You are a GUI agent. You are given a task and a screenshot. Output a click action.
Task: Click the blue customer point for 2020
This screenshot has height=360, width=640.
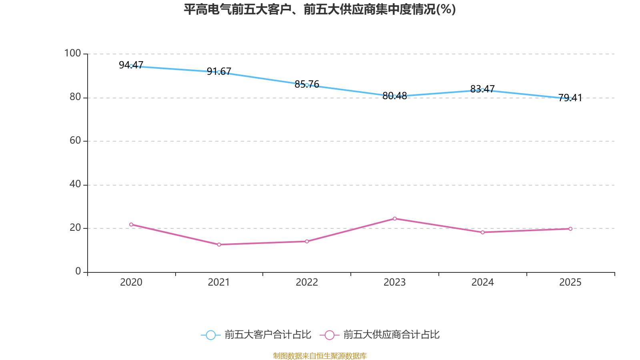coord(131,66)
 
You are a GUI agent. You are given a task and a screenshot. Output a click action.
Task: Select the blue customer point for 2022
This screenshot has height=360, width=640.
coord(307,85)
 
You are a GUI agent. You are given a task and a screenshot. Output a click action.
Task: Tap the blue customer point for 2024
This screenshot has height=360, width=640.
coord(482,90)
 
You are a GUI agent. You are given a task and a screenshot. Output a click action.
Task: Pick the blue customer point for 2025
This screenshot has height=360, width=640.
coord(570,99)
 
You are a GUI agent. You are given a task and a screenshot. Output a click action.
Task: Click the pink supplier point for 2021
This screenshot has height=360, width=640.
coord(219,244)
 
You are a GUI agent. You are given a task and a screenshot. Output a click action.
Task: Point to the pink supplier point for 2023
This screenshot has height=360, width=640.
coord(395,218)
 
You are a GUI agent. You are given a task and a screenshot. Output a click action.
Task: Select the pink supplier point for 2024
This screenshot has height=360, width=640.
coord(482,232)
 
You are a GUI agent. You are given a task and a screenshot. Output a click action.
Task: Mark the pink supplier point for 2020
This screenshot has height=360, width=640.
coord(131,224)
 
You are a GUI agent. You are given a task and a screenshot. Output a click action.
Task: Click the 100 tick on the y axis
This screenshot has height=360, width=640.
coord(72,53)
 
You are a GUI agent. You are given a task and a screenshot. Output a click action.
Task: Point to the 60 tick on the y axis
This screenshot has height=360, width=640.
coord(75,140)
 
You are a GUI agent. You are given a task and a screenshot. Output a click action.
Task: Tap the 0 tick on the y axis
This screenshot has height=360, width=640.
coord(78,271)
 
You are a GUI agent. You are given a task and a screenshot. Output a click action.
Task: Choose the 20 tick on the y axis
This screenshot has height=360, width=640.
coord(75,228)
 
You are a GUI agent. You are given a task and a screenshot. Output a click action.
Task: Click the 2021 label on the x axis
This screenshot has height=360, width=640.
coord(219,282)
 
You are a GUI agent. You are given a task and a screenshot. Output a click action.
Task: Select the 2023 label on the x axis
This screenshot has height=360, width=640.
coord(395,282)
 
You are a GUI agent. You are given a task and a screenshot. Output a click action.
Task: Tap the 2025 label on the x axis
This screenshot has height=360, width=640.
coord(570,282)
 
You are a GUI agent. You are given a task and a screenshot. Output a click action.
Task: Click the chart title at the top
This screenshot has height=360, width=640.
coord(320,9)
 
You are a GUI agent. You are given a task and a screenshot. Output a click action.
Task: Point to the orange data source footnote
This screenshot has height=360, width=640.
coord(320,356)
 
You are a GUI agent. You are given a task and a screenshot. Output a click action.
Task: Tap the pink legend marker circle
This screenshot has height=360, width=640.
coord(329,335)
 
